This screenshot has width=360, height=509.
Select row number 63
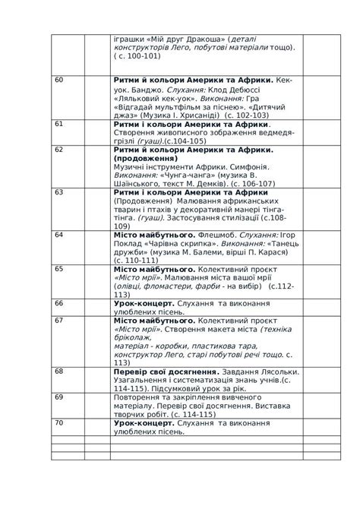tap(58, 192)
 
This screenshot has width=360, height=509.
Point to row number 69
tap(58, 397)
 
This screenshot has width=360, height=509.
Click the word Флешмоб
tap(221, 235)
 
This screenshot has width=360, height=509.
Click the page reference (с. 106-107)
tap(252, 183)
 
